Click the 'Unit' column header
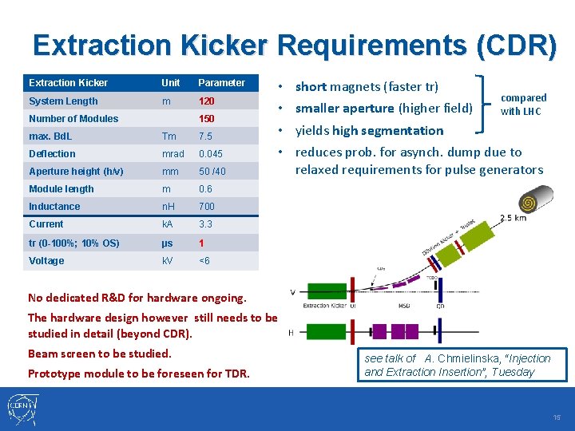click(170, 83)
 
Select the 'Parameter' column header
click(221, 83)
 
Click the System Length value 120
click(207, 101)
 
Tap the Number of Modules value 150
click(207, 119)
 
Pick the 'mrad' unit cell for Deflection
click(172, 154)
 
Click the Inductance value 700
click(207, 207)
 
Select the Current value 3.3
click(205, 224)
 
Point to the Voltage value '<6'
click(205, 261)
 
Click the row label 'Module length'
click(61, 189)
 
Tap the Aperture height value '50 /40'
click(212, 172)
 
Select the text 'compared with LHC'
click(523, 105)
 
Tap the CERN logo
click(21, 409)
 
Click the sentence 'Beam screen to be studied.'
click(100, 354)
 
